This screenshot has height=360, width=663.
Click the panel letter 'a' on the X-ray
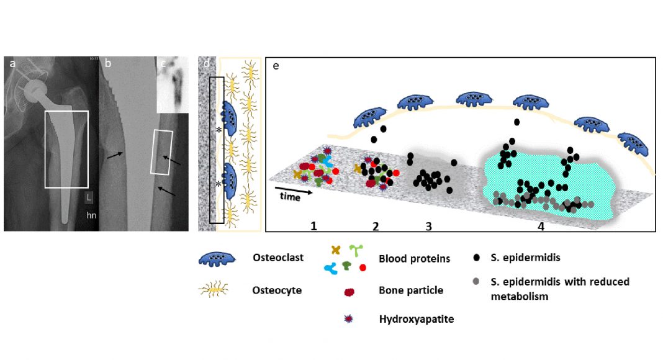pos(11,62)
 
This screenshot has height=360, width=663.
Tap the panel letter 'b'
pos(108,63)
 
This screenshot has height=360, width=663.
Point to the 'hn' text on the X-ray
pos(91,216)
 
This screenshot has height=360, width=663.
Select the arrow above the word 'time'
pos(292,188)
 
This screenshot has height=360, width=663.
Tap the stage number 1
pos(314,226)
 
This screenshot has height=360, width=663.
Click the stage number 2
pos(375,226)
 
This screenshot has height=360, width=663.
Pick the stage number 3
pos(428,226)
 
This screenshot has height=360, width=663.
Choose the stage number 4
pos(541,227)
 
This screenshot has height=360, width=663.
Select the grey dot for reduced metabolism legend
pos(476,282)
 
